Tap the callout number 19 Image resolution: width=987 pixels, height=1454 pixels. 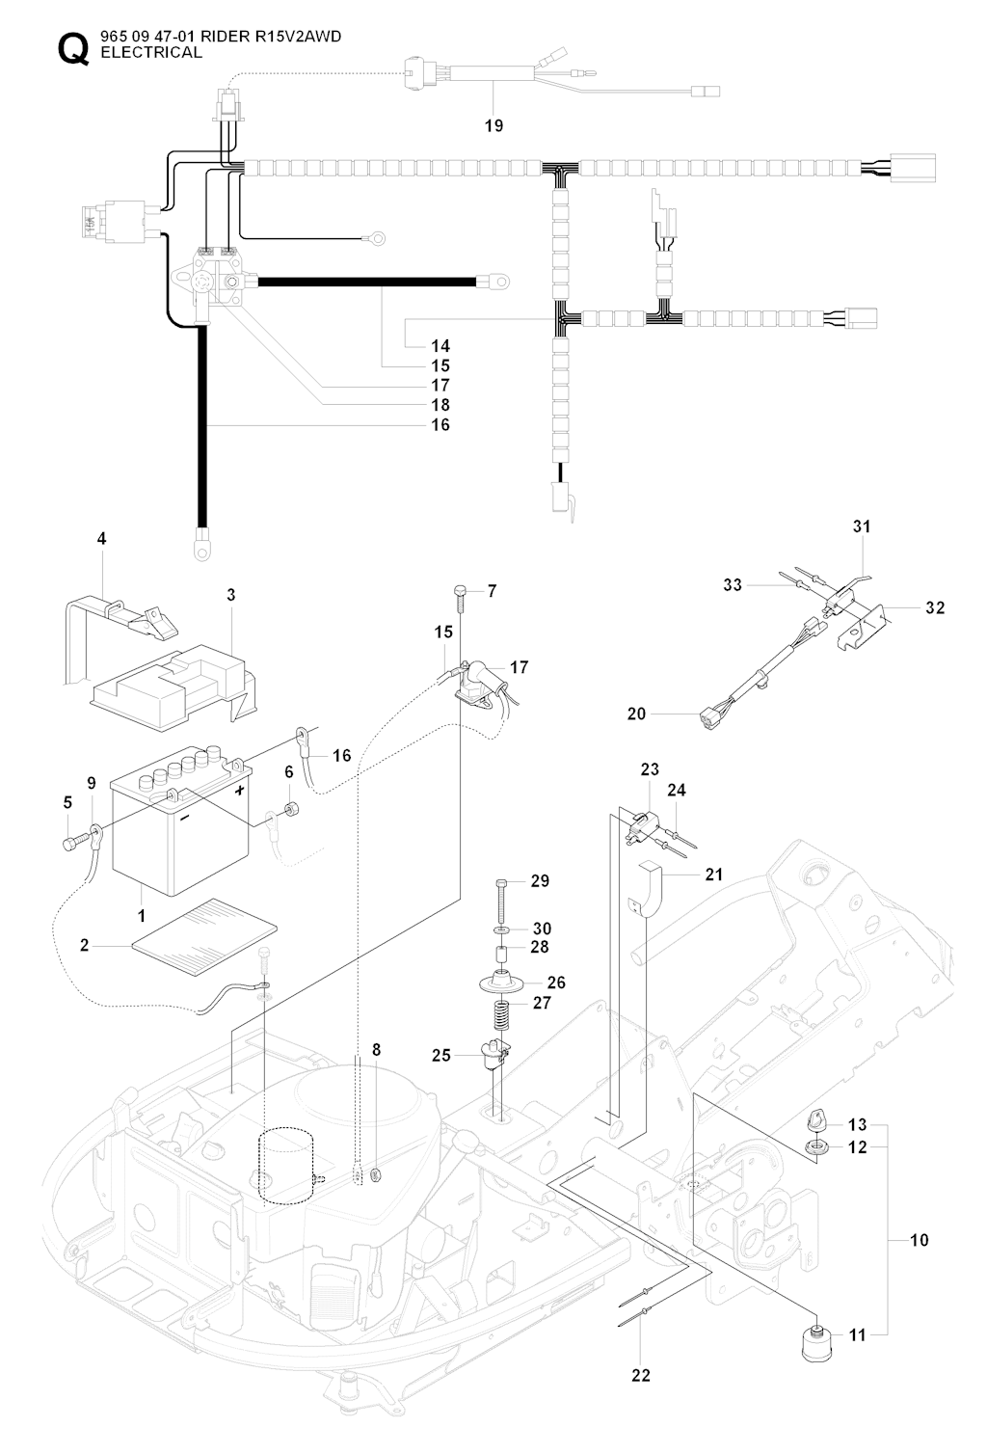493,125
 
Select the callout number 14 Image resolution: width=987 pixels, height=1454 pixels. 440,345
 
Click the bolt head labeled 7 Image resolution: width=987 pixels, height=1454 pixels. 460,589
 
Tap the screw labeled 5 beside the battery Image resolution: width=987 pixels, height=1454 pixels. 70,844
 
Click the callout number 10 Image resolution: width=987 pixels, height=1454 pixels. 920,1239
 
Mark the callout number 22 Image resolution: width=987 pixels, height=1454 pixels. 642,1374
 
